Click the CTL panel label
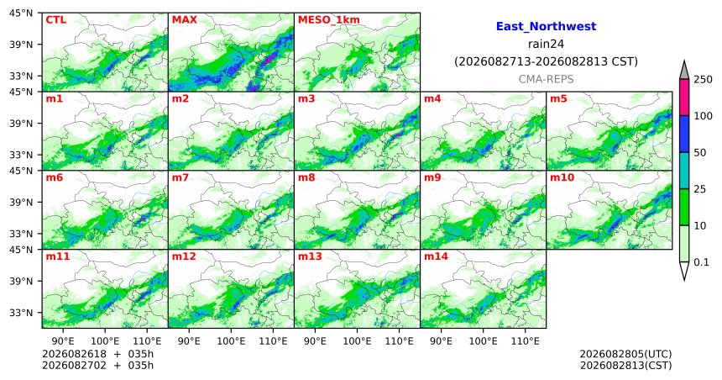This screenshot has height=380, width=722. point(55,20)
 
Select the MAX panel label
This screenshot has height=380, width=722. point(184,20)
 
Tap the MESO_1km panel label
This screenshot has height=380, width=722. point(329,20)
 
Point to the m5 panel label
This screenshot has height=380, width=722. point(558,98)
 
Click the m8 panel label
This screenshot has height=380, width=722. point(306,177)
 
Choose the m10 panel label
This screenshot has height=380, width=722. point(562,177)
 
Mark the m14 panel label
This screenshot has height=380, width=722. point(436,256)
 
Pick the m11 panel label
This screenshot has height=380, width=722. point(58,256)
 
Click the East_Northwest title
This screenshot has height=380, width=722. point(546,27)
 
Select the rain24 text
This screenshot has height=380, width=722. point(546,45)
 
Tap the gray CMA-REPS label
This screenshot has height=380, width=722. point(546,79)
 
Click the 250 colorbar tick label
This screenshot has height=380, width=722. point(704,80)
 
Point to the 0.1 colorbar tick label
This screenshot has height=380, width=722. point(701,262)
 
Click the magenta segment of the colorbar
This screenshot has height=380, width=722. point(683,98)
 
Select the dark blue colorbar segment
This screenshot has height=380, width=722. point(683,134)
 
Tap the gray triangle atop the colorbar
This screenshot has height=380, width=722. point(683,71)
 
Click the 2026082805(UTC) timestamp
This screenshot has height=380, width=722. point(625,354)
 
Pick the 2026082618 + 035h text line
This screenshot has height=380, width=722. point(97,354)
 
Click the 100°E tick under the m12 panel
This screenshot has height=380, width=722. point(231,341)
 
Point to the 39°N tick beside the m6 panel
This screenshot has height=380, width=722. point(21,202)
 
